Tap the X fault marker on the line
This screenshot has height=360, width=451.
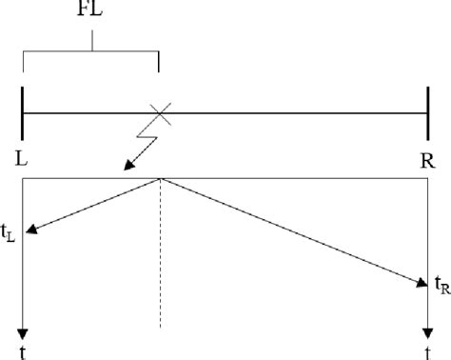tap(162, 113)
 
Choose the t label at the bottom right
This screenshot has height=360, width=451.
tap(428, 351)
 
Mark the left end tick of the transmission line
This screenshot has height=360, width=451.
tap(22, 113)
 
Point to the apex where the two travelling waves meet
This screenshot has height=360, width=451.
tap(160, 179)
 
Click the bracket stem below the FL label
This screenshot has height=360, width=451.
tap(91, 41)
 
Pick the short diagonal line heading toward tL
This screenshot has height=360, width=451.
tap(95, 204)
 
